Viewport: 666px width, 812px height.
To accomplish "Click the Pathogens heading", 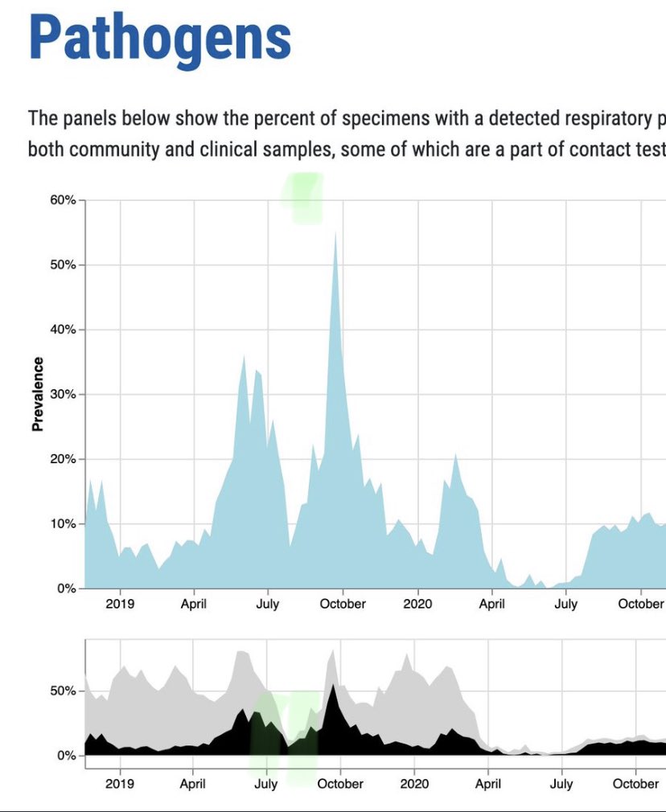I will pos(159,38).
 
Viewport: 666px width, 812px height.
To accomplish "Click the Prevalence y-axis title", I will pos(38,394).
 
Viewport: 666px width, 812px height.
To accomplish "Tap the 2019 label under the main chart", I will pos(120,604).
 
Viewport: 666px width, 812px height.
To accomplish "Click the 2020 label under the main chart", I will pos(417,604).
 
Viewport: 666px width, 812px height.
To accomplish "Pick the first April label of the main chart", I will pos(194,604).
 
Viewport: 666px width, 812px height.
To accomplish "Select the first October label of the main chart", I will pos(343,604).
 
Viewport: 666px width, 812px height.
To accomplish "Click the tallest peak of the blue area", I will pos(335,233).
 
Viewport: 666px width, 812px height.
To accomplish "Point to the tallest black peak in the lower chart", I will pos(333,686).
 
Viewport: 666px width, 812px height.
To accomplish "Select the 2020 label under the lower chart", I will pos(414,784).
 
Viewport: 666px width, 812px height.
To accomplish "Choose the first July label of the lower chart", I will pos(266,784).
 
